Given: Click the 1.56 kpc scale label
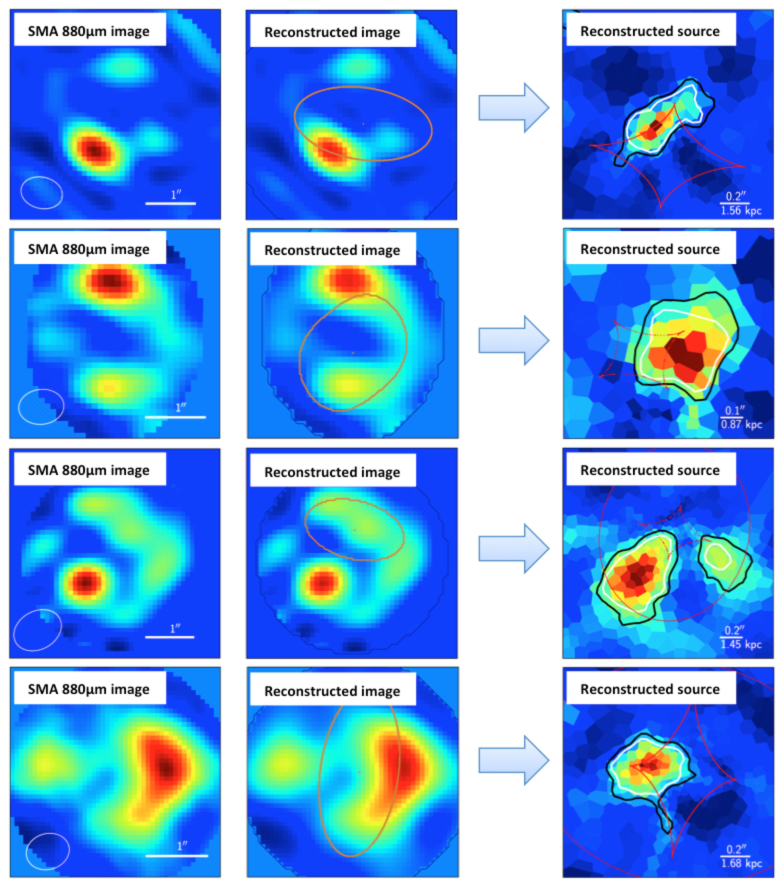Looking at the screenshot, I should [741, 211].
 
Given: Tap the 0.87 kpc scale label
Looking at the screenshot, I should [741, 425].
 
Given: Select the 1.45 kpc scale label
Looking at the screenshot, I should [741, 645].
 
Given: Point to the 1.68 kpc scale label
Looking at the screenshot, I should [741, 863].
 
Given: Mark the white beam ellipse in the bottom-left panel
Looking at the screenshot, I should [47, 850].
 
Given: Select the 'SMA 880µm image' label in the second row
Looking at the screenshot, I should [89, 249].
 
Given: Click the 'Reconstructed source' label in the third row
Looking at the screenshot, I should [650, 470].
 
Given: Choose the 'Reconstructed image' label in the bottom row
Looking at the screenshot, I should [332, 691].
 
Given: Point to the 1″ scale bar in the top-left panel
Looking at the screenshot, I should [170, 203].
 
